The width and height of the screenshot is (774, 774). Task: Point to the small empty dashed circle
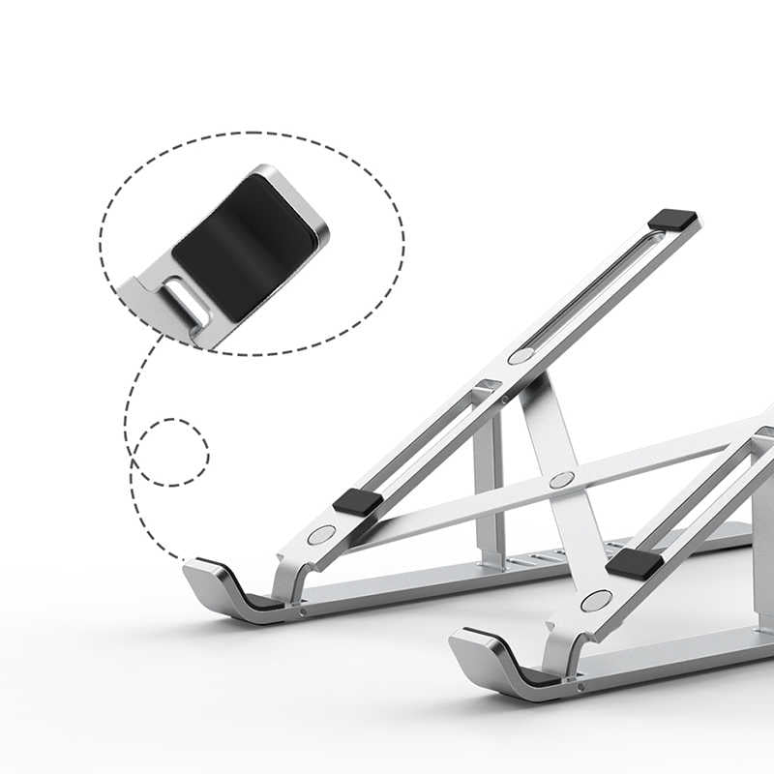pyautogui.click(x=170, y=452)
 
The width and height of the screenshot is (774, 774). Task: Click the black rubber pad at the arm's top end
pyautogui.click(x=672, y=220)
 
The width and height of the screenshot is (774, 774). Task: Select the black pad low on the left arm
pyautogui.click(x=358, y=501)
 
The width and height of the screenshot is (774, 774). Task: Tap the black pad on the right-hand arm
pyautogui.click(x=636, y=563)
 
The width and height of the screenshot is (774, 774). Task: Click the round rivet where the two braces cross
pyautogui.click(x=561, y=480)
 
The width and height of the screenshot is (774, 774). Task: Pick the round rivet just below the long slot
pyautogui.click(x=521, y=356)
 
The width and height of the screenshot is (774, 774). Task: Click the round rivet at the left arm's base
pyautogui.click(x=321, y=534)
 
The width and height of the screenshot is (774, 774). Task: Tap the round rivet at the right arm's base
pyautogui.click(x=596, y=601)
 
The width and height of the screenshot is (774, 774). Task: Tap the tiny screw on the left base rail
pyautogui.click(x=303, y=611)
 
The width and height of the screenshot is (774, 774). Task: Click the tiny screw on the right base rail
pyautogui.click(x=579, y=685)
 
